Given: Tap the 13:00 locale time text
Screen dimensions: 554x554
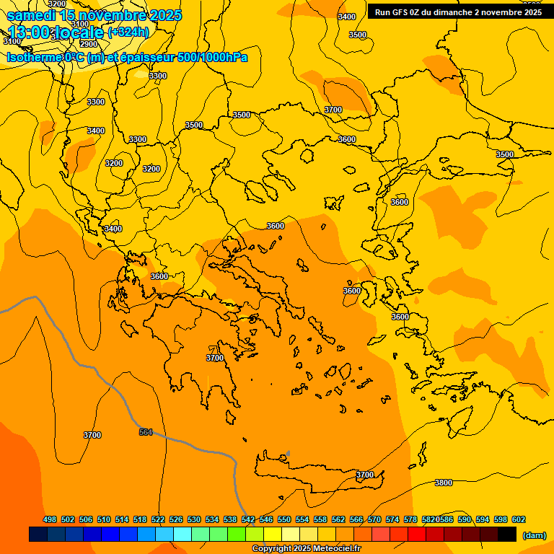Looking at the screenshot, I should tap(56, 32).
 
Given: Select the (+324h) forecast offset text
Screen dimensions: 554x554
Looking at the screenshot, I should tap(128, 32).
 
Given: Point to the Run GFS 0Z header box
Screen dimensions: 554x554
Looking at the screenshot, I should tap(458, 12).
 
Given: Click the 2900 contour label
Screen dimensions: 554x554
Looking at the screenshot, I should tap(88, 44).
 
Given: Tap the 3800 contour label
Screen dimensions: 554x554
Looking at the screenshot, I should tap(444, 483).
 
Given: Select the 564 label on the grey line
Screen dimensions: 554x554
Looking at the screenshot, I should tap(146, 432).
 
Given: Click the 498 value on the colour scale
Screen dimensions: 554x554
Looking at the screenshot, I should tap(50, 519).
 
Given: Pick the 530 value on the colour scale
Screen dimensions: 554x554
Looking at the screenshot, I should tap(194, 519).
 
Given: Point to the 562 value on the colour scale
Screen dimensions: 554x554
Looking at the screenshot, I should tap(338, 519).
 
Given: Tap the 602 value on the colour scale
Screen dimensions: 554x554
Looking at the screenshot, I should tap(519, 519).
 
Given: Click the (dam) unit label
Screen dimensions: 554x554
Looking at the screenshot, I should tap(534, 535).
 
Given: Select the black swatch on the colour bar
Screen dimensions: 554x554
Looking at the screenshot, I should tap(507, 535).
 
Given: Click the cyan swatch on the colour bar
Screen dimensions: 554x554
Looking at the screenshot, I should tap(183, 535).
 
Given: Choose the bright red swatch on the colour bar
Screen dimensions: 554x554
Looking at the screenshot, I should tap(417, 535).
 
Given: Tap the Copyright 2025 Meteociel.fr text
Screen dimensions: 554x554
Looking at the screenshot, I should tap(306, 549).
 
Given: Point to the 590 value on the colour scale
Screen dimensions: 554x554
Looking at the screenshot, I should tap(465, 519).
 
